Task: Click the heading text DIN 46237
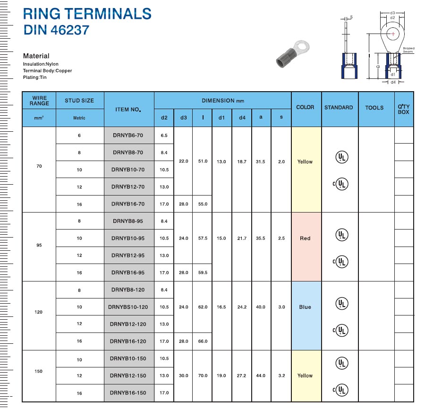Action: coord(56,30)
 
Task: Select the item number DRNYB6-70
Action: coord(128,135)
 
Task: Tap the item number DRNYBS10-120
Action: coord(128,307)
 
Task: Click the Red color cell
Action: coord(305,239)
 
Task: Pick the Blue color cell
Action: coord(305,307)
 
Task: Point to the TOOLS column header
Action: coord(374,108)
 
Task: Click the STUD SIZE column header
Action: coord(79,101)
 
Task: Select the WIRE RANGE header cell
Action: coord(39,101)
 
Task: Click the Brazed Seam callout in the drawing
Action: coord(408,50)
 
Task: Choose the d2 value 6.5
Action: coord(164,135)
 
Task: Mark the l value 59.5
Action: coord(203,273)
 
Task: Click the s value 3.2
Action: coord(281,375)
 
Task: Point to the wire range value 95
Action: coord(39,245)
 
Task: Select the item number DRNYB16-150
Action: coord(128,393)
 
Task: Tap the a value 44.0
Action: coord(261,375)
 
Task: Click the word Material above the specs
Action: coord(36,56)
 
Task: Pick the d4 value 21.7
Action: coord(242,239)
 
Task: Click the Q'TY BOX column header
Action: coord(404,109)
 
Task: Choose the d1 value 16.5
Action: coord(221,307)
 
